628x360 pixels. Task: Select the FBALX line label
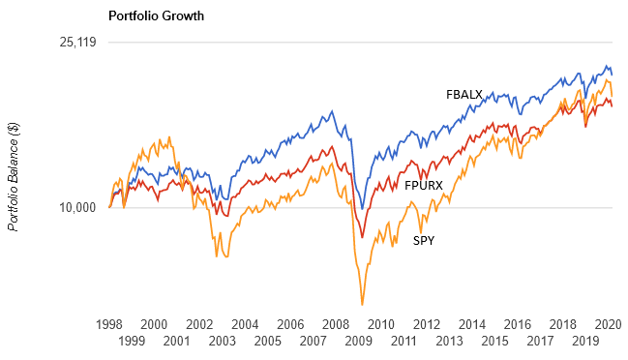point(464,95)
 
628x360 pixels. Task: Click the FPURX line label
point(423,184)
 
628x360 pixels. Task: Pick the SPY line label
point(424,240)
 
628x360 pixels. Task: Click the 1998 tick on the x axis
point(109,324)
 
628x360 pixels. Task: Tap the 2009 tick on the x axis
point(358,342)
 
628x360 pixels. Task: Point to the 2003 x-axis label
point(223,342)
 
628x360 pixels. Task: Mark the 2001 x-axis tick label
point(177,342)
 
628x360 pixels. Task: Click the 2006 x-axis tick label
point(290,324)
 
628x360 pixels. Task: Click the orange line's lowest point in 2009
point(362,304)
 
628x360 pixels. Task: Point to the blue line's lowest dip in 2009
point(362,209)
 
